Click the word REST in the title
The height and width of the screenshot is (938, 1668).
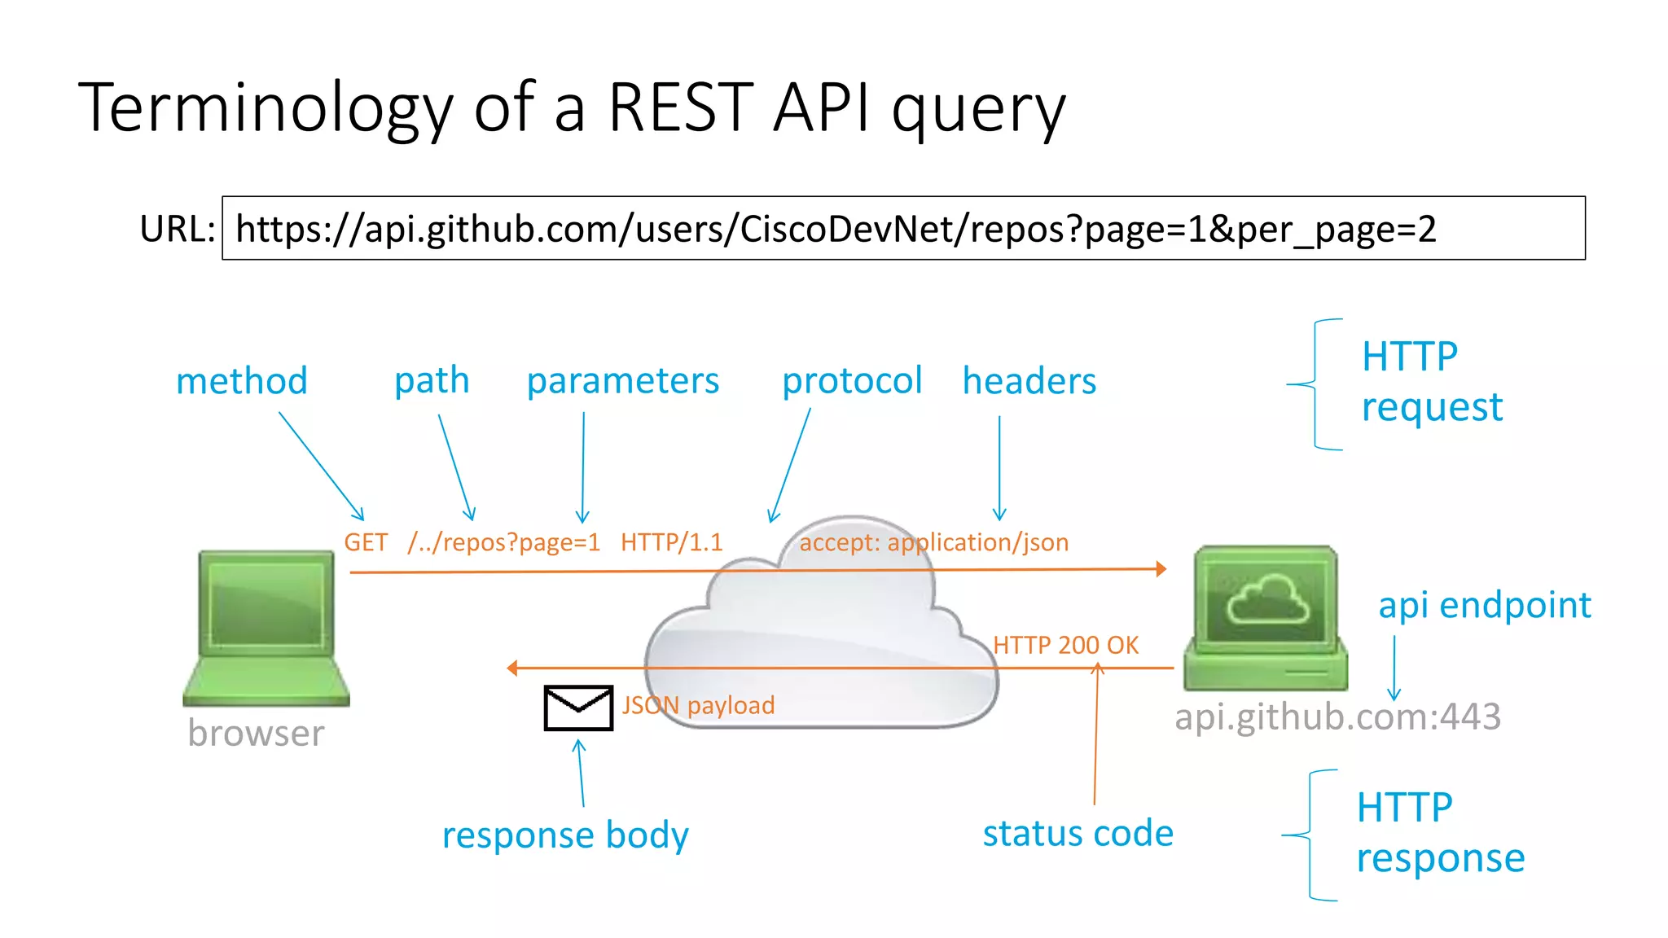coord(681,107)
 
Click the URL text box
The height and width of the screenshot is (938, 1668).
coord(902,228)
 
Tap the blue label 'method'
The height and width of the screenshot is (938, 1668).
coord(242,381)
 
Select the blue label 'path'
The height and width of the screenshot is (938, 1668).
coord(432,380)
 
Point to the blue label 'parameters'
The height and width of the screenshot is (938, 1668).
coord(623,381)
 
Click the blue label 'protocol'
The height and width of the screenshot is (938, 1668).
coord(852,381)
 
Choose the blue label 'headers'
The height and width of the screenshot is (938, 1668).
coord(1029,381)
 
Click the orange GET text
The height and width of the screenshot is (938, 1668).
coord(365,542)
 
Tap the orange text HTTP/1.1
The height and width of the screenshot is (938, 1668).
coord(671,542)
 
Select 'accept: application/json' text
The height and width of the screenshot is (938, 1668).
coord(933,542)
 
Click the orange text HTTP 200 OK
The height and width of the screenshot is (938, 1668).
coord(1065,646)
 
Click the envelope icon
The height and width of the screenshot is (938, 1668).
coord(578,708)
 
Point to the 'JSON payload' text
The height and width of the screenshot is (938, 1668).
coord(698,705)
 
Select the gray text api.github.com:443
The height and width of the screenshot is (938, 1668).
coord(1337,717)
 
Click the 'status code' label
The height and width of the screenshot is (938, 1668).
coord(1078,834)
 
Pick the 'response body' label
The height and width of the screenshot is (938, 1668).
coord(565,835)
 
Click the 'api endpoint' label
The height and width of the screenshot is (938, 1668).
coord(1484,606)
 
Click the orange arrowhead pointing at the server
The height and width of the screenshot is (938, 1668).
coord(1161,569)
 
